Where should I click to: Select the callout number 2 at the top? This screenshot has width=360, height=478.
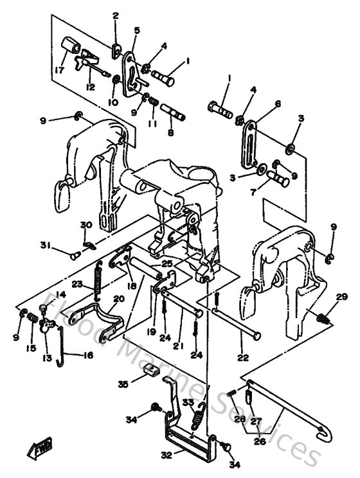[x=116, y=15]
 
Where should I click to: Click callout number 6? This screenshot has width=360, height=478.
[x=278, y=103]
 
